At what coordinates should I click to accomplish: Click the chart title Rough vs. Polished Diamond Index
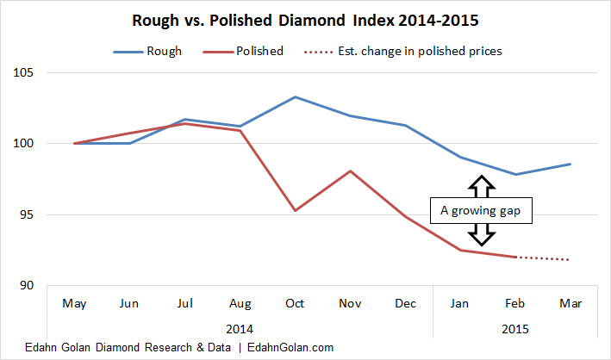pyautogui.click(x=305, y=18)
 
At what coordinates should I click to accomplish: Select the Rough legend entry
pyautogui.click(x=164, y=51)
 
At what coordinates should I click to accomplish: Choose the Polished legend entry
pyautogui.click(x=259, y=51)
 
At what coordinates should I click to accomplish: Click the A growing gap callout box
pyautogui.click(x=482, y=211)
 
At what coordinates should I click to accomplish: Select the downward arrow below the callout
pyautogui.click(x=482, y=235)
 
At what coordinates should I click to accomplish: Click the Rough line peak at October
pyautogui.click(x=295, y=96)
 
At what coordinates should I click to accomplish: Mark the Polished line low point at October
pyautogui.click(x=295, y=210)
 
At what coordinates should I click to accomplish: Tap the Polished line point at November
pyautogui.click(x=349, y=171)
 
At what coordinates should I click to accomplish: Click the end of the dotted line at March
pyautogui.click(x=568, y=259)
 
